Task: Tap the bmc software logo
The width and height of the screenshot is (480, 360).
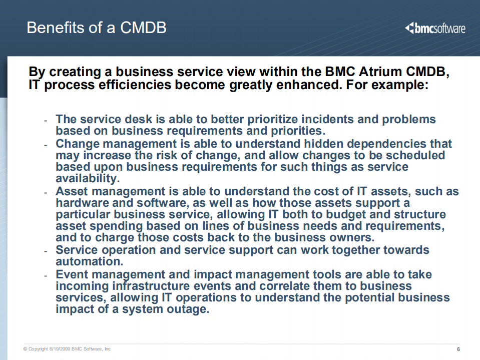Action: point(434,28)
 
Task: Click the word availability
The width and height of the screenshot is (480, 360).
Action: point(87,178)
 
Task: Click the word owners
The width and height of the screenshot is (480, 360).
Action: point(352,237)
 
